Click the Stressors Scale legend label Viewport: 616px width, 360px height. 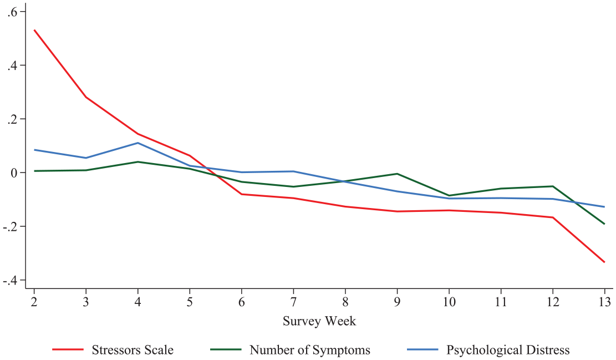(x=133, y=350)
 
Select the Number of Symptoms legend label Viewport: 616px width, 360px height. (x=310, y=350)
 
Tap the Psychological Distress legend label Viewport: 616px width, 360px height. (x=508, y=350)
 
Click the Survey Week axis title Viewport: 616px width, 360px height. (x=319, y=321)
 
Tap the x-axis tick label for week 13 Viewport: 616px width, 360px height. (x=605, y=302)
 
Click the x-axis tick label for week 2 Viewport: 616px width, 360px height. (x=34, y=302)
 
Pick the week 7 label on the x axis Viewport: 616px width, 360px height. (x=293, y=302)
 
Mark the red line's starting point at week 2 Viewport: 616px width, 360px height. (x=34, y=30)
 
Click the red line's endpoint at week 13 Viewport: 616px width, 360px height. (x=604, y=262)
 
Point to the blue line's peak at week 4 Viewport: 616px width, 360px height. (x=138, y=143)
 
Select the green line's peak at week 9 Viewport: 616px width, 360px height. (x=397, y=174)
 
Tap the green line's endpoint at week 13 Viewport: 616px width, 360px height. (x=604, y=224)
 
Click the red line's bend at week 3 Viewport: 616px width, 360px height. (x=86, y=97)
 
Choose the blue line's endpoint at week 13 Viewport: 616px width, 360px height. (x=604, y=207)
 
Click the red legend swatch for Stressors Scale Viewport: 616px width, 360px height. (x=68, y=349)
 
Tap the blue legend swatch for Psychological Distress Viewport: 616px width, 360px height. (x=422, y=349)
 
